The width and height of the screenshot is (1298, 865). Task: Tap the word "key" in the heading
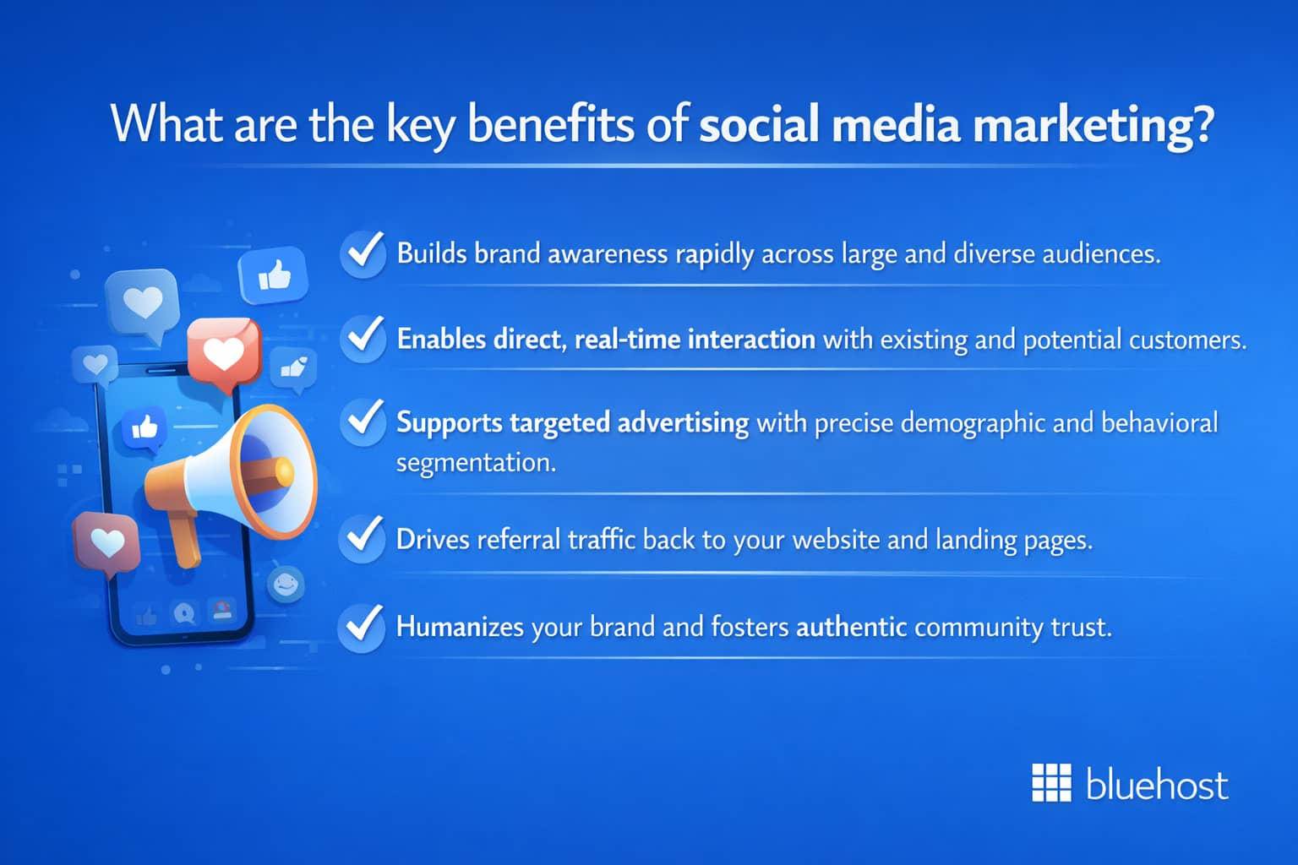420,125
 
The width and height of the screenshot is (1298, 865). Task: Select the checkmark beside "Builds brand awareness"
363,253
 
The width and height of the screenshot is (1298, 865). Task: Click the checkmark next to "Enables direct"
363,338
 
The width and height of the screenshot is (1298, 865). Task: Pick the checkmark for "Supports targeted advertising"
363,421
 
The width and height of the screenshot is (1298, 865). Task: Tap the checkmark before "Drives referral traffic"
363,538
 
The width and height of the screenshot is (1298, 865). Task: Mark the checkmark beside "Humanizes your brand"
362,626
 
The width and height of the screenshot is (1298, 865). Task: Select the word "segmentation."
476,462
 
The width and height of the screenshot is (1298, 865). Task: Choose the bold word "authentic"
851,627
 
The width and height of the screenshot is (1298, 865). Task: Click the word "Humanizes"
460,627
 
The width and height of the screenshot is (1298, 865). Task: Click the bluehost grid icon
1051,783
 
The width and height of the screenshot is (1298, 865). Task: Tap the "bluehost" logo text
1156,785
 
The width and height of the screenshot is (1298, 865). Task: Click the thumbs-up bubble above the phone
273,275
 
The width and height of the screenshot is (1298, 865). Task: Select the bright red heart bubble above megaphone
223,353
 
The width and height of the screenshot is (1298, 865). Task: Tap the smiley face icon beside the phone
286,584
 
